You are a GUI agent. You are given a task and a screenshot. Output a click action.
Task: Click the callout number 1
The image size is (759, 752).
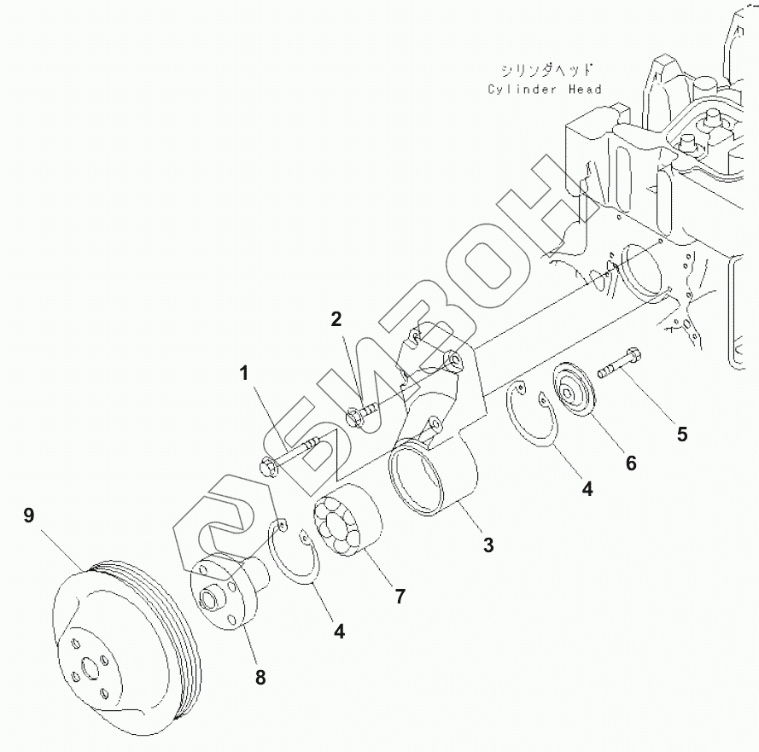pyautogui.click(x=244, y=372)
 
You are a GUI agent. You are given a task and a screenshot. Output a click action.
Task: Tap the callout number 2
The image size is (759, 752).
pyautogui.click(x=336, y=319)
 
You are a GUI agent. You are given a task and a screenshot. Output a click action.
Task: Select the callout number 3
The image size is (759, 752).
pyautogui.click(x=488, y=545)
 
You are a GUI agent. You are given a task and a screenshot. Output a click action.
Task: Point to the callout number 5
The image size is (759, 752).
pyautogui.click(x=681, y=434)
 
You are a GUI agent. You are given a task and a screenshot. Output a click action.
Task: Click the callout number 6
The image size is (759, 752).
pyautogui.click(x=630, y=463)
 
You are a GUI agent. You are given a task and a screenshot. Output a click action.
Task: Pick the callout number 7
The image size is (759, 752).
pyautogui.click(x=399, y=597)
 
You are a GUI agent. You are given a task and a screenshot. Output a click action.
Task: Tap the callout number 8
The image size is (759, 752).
pyautogui.click(x=260, y=678)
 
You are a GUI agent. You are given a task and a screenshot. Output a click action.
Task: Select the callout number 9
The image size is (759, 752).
pyautogui.click(x=29, y=516)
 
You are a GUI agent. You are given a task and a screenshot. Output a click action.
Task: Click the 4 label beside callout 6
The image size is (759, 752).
pyautogui.click(x=587, y=489)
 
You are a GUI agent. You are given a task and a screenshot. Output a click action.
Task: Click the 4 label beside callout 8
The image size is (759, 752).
pyautogui.click(x=339, y=632)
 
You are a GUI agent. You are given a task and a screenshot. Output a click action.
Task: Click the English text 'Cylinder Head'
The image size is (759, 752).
pyautogui.click(x=545, y=89)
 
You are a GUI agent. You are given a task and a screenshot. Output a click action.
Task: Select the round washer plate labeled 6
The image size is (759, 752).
pyautogui.click(x=574, y=391)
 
